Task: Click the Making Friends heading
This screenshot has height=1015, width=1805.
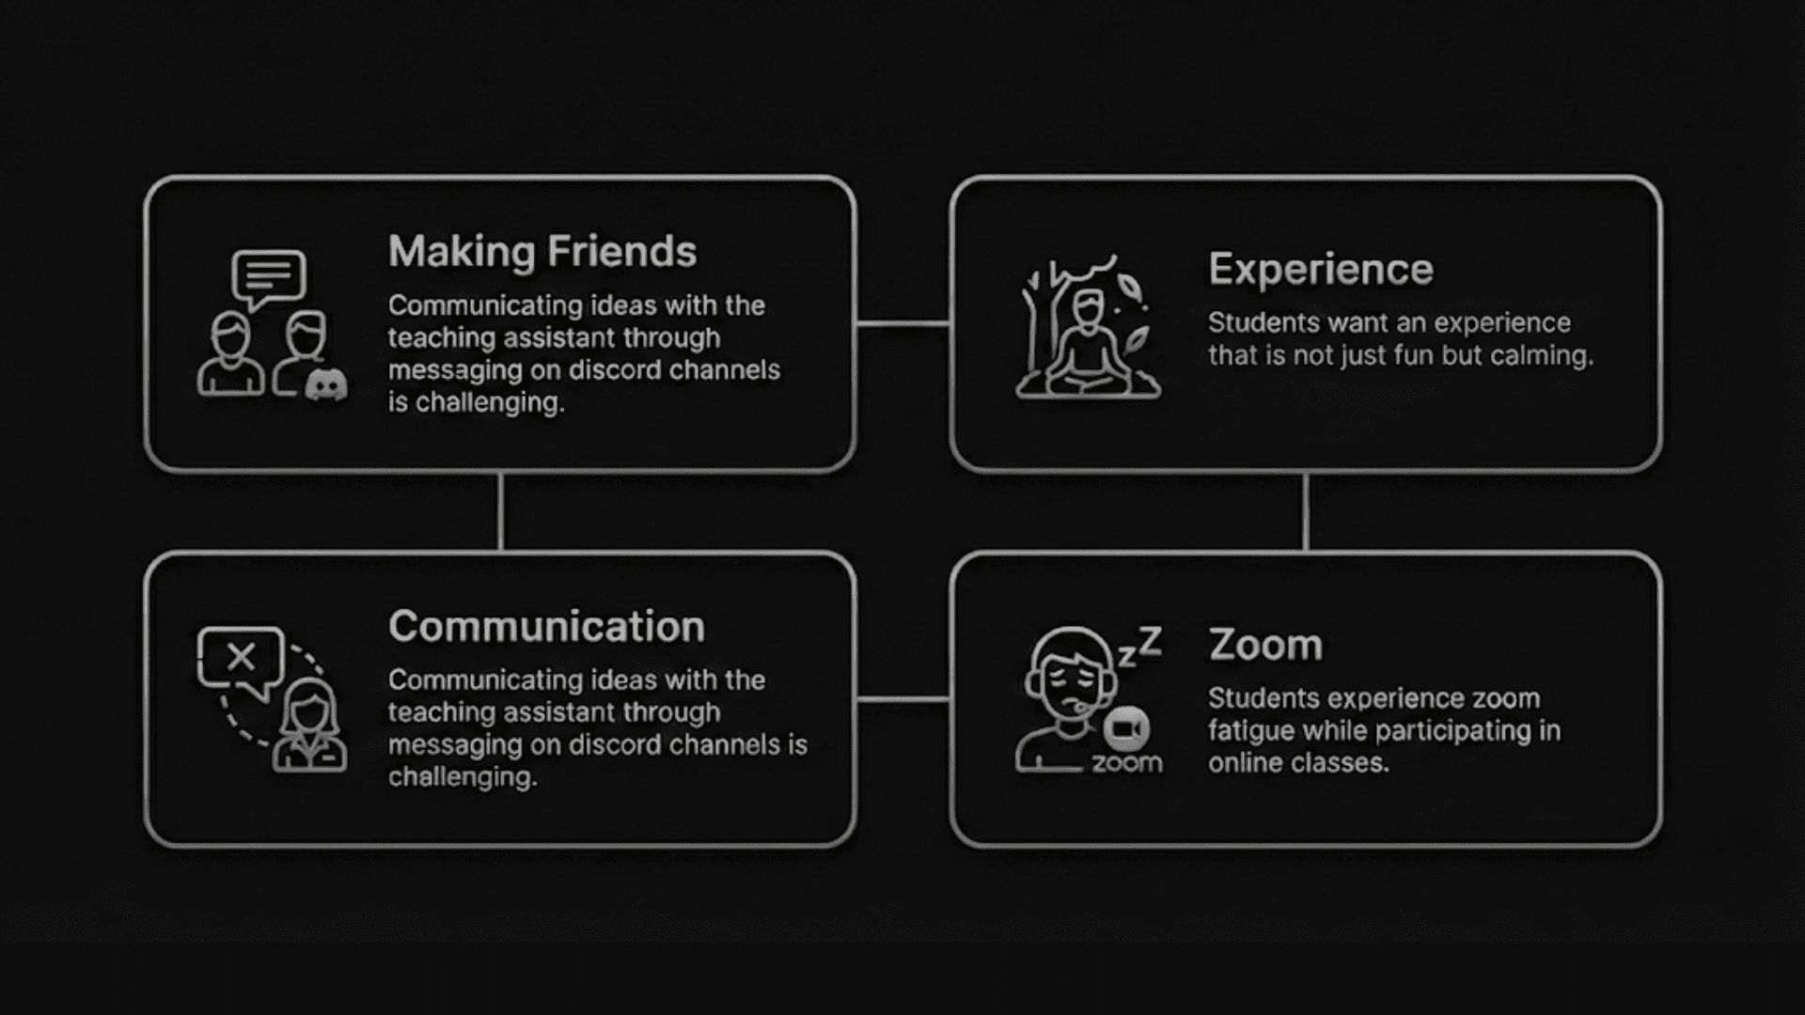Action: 542,252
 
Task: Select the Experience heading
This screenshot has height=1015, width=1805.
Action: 1321,270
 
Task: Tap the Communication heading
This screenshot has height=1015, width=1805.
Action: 546,627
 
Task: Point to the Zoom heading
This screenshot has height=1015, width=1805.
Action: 1265,646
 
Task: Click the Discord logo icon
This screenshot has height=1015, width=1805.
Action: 326,384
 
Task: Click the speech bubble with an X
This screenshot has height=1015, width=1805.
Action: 241,658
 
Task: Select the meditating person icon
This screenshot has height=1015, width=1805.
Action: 1089,344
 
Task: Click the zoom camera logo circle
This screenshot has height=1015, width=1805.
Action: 1126,729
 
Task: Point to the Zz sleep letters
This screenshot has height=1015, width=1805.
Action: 1139,647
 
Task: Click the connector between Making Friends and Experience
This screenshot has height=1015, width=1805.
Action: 902,324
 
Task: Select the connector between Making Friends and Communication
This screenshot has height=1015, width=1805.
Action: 500,512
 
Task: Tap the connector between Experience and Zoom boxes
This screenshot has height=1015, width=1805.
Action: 1306,512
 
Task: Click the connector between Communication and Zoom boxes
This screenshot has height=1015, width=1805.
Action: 902,699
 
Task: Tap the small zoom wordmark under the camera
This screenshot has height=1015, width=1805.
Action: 1126,762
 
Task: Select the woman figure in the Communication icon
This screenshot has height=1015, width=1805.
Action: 309,728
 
